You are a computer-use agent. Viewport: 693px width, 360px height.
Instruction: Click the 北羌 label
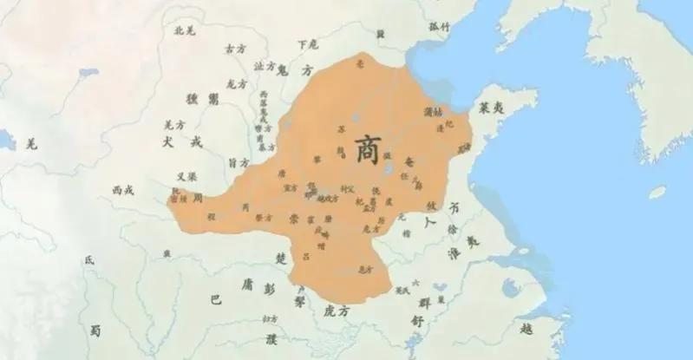click(x=185, y=30)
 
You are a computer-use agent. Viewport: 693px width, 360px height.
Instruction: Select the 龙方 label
click(x=237, y=84)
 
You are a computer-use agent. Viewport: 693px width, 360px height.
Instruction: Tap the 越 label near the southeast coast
click(x=527, y=330)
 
